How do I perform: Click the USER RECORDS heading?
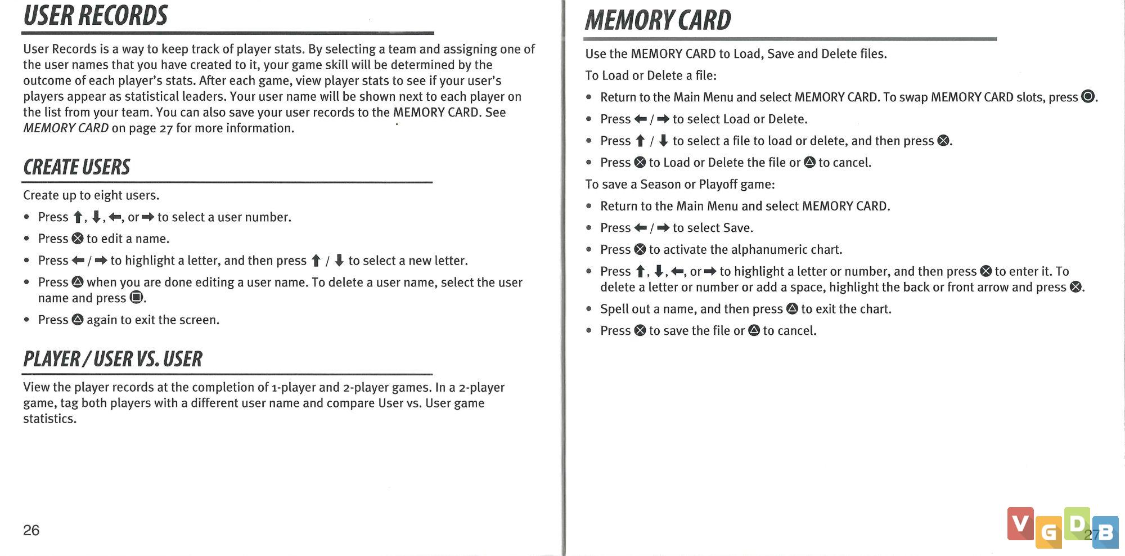point(96,16)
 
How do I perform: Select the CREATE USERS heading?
point(76,167)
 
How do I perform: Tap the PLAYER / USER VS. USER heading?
point(112,359)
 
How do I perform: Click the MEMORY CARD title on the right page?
point(658,21)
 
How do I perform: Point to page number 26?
point(31,530)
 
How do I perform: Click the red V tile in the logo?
point(1020,523)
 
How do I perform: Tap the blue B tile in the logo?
point(1106,532)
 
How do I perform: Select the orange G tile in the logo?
point(1048,532)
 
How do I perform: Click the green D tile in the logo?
point(1077,523)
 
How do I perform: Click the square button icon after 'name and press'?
point(136,298)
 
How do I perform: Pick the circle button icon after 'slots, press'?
point(1088,97)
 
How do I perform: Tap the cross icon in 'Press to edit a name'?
point(78,239)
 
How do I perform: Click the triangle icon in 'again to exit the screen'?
point(78,320)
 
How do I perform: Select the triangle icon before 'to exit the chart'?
point(792,309)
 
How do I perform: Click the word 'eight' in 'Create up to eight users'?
point(108,195)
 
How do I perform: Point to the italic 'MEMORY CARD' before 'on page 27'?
point(66,128)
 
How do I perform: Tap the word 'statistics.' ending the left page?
point(49,419)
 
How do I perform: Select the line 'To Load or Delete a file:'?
point(651,75)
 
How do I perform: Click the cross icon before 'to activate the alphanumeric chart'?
point(640,249)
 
